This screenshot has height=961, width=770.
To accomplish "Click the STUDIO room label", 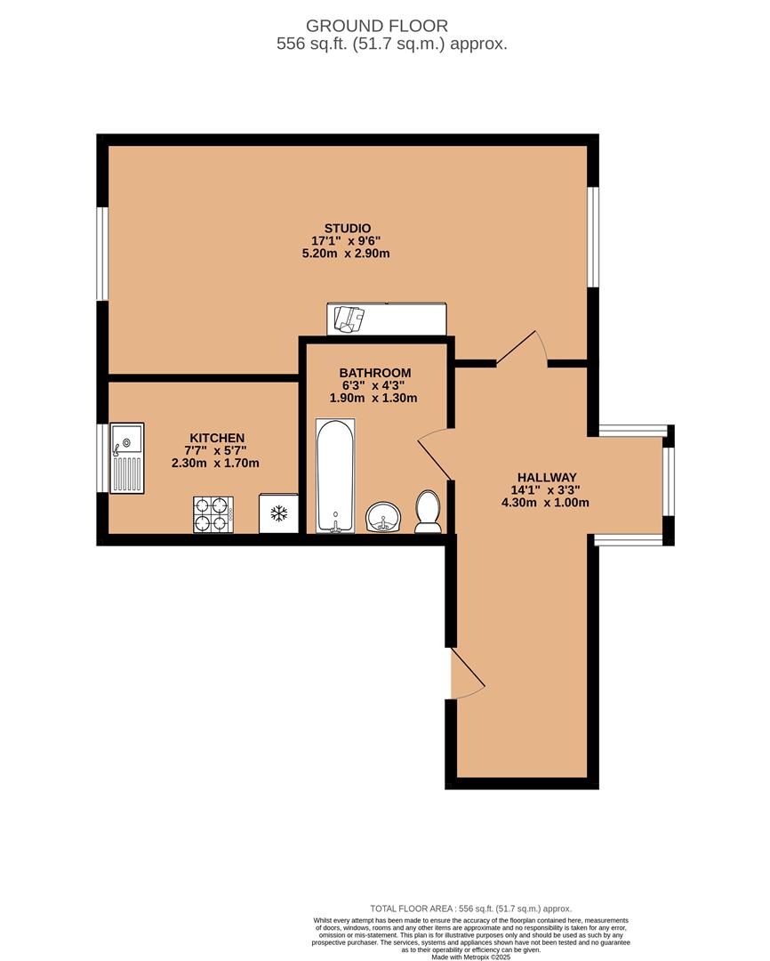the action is click(348, 229).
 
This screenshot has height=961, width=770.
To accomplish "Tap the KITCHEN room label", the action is click(217, 438).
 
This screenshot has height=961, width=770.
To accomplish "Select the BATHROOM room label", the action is click(375, 373).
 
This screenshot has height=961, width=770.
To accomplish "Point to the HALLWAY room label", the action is click(547, 478).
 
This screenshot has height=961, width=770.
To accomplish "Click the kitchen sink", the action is click(127, 458).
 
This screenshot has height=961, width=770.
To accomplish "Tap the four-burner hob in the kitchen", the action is click(213, 514).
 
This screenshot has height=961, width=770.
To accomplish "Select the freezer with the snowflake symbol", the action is click(278, 513).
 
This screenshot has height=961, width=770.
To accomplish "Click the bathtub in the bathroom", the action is click(335, 475).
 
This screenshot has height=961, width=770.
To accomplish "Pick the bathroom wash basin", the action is click(383, 518).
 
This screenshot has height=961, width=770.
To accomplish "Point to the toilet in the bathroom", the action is click(429, 512).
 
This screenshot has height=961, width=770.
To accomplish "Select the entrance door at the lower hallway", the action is click(467, 673).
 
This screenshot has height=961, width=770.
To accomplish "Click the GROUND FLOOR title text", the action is click(377, 26).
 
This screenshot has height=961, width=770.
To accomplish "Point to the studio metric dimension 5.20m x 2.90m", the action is click(346, 254).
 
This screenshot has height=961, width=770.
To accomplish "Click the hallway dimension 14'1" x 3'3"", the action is click(545, 490).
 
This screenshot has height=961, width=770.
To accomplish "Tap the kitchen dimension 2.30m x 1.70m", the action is click(215, 464).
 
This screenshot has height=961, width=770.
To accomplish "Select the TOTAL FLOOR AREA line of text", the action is click(470, 909).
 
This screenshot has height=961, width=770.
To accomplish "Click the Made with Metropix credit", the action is click(470, 957).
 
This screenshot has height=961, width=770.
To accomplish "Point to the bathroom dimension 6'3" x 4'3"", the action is click(373, 385).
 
